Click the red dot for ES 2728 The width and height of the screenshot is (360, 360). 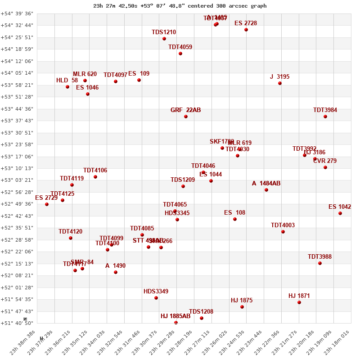click(x=246, y=30)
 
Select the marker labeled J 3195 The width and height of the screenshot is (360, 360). click(x=280, y=83)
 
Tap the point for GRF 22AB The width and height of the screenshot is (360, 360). click(x=186, y=117)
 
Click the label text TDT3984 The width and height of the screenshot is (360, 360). click(x=325, y=110)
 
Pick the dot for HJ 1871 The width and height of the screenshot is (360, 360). click(x=299, y=302)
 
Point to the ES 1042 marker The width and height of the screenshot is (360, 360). click(x=340, y=213)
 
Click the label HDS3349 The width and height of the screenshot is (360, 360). click(x=156, y=292)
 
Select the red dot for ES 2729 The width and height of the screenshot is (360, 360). click(x=47, y=204)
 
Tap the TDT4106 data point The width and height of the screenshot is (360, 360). click(x=95, y=177)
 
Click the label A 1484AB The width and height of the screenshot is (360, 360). click(x=266, y=184)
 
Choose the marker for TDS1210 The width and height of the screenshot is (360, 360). click(x=164, y=39)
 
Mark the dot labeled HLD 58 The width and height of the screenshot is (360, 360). click(x=67, y=87)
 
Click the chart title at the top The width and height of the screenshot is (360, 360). click(x=180, y=6)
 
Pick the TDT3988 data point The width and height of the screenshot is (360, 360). click(x=320, y=263)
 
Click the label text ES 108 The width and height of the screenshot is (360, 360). click(x=234, y=213)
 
